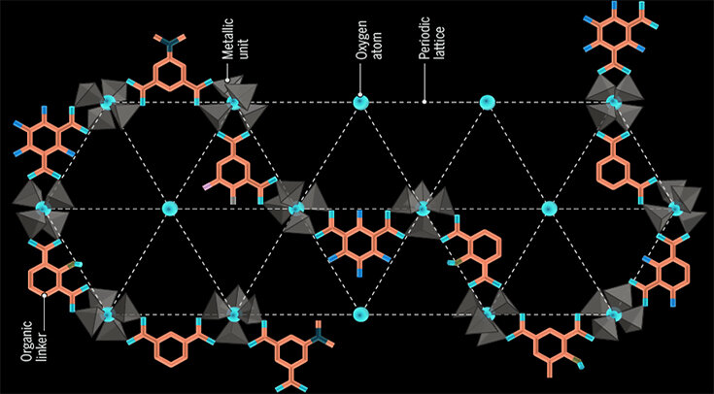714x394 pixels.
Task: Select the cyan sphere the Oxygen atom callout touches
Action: [360, 101]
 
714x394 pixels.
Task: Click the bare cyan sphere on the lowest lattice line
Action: [360, 314]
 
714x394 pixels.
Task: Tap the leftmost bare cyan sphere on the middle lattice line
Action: [171, 208]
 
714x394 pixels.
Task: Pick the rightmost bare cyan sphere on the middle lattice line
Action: [549, 208]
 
